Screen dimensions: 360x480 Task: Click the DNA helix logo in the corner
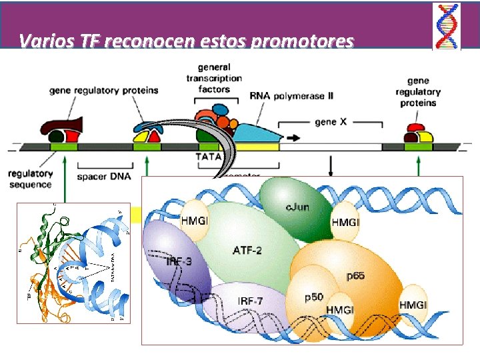(446, 26)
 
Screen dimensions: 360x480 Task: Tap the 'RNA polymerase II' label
(291, 96)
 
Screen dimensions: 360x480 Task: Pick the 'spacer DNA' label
(103, 177)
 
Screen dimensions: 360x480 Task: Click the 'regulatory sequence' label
(30, 179)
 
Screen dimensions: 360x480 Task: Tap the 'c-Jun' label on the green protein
(297, 207)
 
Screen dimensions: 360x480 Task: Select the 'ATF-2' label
(247, 250)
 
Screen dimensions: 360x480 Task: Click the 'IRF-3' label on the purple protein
(179, 262)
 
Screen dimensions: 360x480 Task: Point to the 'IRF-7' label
(250, 301)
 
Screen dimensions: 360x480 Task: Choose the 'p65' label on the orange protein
(355, 275)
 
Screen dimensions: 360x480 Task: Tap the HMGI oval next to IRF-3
(195, 219)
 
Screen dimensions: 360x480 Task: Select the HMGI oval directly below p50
(339, 309)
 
